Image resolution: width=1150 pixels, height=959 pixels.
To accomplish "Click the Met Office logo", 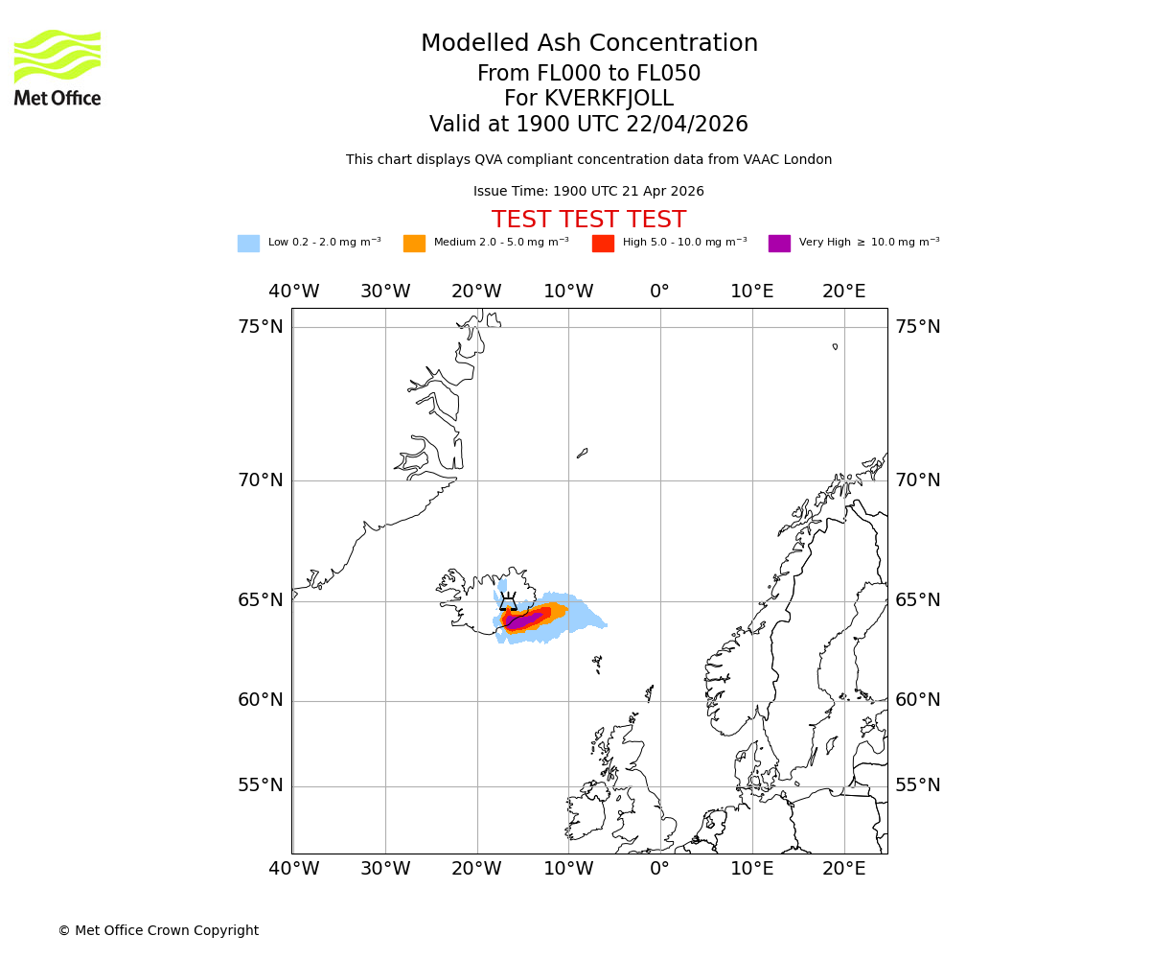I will click(x=57, y=67).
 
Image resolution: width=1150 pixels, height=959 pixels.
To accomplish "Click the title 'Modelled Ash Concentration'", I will click(x=589, y=44).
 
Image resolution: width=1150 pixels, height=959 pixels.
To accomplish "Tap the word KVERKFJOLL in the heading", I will click(x=609, y=99).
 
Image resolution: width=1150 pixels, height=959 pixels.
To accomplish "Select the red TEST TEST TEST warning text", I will click(x=588, y=220).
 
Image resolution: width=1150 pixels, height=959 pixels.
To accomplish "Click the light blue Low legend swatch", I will click(x=248, y=244).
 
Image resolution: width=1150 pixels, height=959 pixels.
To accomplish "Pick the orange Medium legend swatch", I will click(x=414, y=244).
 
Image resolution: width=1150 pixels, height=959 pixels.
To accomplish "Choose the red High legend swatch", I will click(x=603, y=244).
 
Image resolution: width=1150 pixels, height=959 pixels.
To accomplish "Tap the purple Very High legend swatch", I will click(x=779, y=244).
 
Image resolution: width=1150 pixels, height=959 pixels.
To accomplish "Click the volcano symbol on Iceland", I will click(x=508, y=602).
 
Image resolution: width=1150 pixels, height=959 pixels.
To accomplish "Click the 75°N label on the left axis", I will click(x=261, y=327).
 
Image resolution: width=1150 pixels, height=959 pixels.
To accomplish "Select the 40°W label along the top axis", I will click(x=293, y=292).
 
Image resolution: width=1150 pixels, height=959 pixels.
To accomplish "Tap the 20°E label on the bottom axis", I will click(x=843, y=869).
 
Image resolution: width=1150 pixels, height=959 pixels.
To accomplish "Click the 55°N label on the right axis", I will click(x=918, y=785).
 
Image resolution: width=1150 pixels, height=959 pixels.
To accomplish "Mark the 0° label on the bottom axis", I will click(x=659, y=869).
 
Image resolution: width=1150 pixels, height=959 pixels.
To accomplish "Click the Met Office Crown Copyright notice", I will click(x=158, y=930).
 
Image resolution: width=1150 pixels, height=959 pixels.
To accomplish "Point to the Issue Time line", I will click(x=588, y=192).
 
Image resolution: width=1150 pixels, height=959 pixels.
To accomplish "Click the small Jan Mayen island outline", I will click(x=582, y=453).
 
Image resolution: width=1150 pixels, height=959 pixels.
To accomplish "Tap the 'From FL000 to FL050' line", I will click(x=588, y=74).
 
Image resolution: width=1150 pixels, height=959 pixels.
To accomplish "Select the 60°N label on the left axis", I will click(x=261, y=700).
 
